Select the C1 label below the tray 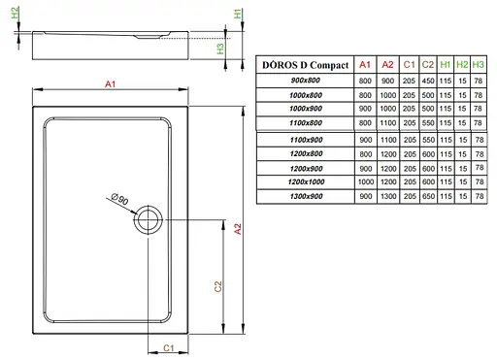pyautogui.click(x=167, y=347)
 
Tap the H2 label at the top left pyautogui.click(x=13, y=17)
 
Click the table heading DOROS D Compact pyautogui.click(x=304, y=65)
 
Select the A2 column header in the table pyautogui.click(x=387, y=65)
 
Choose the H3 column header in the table pyautogui.click(x=479, y=65)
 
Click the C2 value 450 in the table pyautogui.click(x=428, y=81)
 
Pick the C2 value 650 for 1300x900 pyautogui.click(x=428, y=197)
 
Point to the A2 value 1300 pyautogui.click(x=387, y=197)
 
